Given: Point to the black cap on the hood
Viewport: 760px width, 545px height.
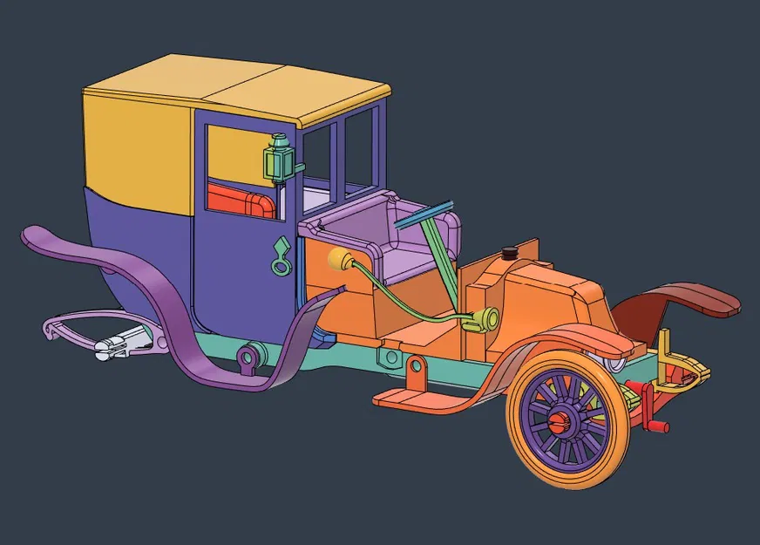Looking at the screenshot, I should [x=509, y=253].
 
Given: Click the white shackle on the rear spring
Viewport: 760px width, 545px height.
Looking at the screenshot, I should [x=117, y=346].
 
